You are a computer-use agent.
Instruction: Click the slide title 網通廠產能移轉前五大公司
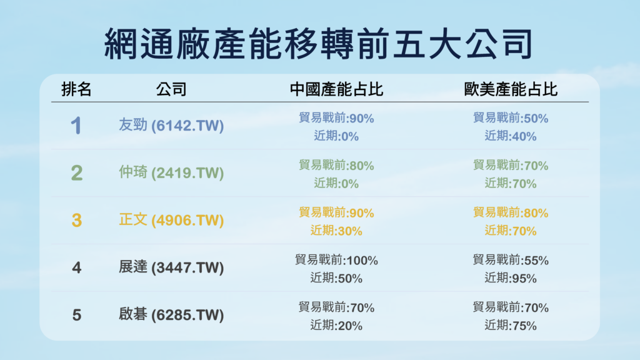[319, 44]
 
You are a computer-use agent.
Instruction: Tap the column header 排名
[76, 89]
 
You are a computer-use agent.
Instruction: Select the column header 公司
[171, 89]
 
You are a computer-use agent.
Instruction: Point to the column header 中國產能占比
[337, 89]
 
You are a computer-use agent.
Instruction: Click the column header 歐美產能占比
[511, 89]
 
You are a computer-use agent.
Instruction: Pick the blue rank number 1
[76, 125]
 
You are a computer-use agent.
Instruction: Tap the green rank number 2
[77, 172]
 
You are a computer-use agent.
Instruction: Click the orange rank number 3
[77, 221]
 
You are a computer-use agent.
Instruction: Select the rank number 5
[77, 315]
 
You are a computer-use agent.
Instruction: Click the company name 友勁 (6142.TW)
[171, 125]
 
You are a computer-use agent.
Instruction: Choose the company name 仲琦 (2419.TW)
[171, 172]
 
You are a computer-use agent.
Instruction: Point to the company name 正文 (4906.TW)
[171, 220]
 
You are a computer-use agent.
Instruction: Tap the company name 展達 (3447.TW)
[171, 267]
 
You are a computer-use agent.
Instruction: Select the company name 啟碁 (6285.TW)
[171, 315]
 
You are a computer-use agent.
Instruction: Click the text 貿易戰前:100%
[336, 260]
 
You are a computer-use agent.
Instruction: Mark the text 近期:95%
[511, 278]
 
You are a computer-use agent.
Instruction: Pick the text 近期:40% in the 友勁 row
[511, 136]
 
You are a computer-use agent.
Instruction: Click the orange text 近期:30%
[336, 231]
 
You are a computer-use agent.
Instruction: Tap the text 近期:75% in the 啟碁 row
[511, 325]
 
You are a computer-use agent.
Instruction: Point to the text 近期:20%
[336, 325]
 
